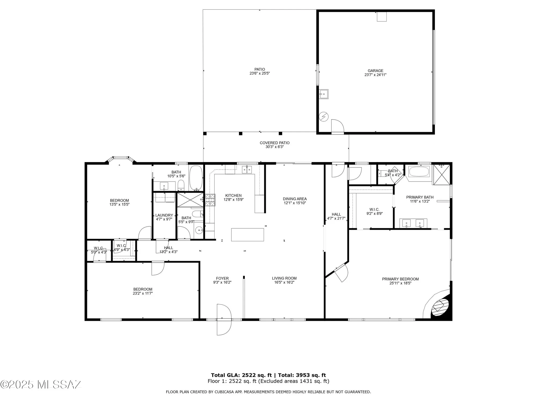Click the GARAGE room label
pos(375,71)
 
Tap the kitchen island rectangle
pos(248,235)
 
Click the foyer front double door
pos(224,320)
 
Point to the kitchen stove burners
pos(210,200)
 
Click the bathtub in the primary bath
pos(419,172)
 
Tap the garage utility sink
pos(324,94)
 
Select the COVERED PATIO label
pos(274,143)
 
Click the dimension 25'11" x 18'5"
pos(400,283)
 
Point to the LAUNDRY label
pos(164,215)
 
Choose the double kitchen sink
pos(247,170)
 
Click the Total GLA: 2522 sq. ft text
pos(241,375)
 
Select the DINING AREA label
pos(295,199)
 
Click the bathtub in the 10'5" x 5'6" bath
pos(196,178)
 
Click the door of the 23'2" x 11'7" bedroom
pos(158,268)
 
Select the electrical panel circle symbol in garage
pos(324,117)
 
